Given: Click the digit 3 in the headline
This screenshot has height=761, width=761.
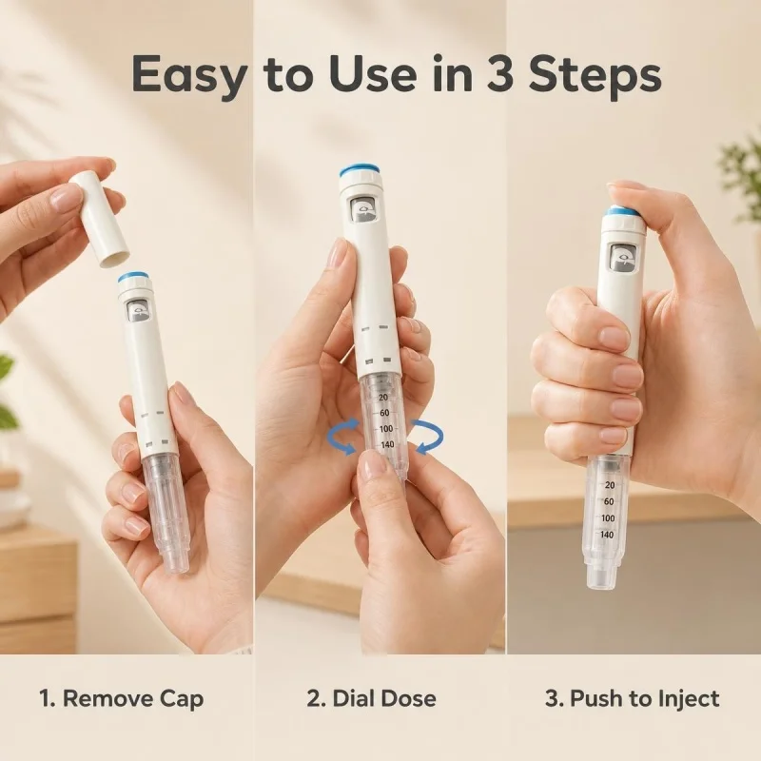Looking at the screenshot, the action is click(x=500, y=74).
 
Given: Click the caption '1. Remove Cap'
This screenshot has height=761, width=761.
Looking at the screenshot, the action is click(x=122, y=699).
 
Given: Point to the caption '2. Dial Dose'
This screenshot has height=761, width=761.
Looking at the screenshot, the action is click(x=372, y=699).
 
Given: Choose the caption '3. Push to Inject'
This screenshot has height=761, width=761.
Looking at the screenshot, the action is click(x=633, y=699).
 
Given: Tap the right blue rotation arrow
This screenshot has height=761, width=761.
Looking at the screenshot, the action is click(x=427, y=438).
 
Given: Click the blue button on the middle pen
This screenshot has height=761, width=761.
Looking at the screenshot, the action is click(x=361, y=171).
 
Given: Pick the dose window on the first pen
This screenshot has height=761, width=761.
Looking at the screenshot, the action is click(x=139, y=311).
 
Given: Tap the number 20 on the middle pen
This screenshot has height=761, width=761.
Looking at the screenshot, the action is click(x=383, y=398).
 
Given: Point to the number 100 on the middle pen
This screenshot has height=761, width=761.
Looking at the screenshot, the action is click(x=386, y=429).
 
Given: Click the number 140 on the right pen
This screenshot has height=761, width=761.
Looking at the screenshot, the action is click(x=607, y=535).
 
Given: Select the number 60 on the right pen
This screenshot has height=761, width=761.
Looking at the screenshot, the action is click(x=609, y=501).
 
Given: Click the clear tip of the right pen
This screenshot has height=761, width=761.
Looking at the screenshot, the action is click(x=604, y=576).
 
